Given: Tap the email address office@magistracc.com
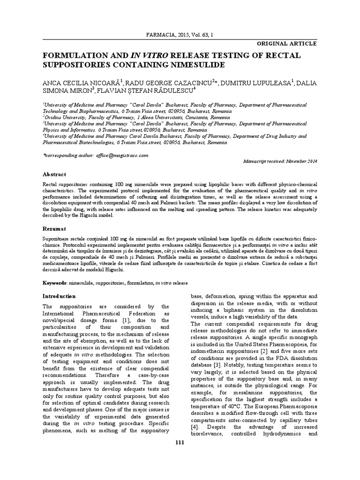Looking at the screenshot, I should pos(121,155).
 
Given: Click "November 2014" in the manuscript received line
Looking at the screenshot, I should pos(301,161).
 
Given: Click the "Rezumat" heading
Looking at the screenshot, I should pos(55,228).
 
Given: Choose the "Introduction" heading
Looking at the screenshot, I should pos(59,296).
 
